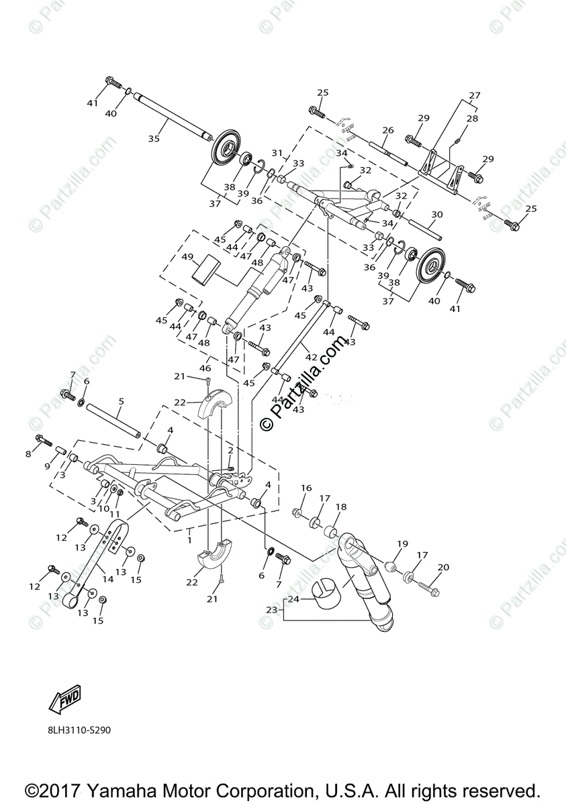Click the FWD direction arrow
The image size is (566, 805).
64,699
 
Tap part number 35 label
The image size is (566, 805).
154,138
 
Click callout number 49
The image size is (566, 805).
187,257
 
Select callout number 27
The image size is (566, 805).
475,95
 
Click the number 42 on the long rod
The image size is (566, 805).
310,358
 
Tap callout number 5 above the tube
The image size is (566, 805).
121,402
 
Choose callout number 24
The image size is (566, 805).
293,599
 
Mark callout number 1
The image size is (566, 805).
191,539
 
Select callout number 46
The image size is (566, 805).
205,368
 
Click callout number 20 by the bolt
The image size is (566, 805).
443,568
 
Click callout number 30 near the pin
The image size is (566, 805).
437,215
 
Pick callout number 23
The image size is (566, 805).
271,610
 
